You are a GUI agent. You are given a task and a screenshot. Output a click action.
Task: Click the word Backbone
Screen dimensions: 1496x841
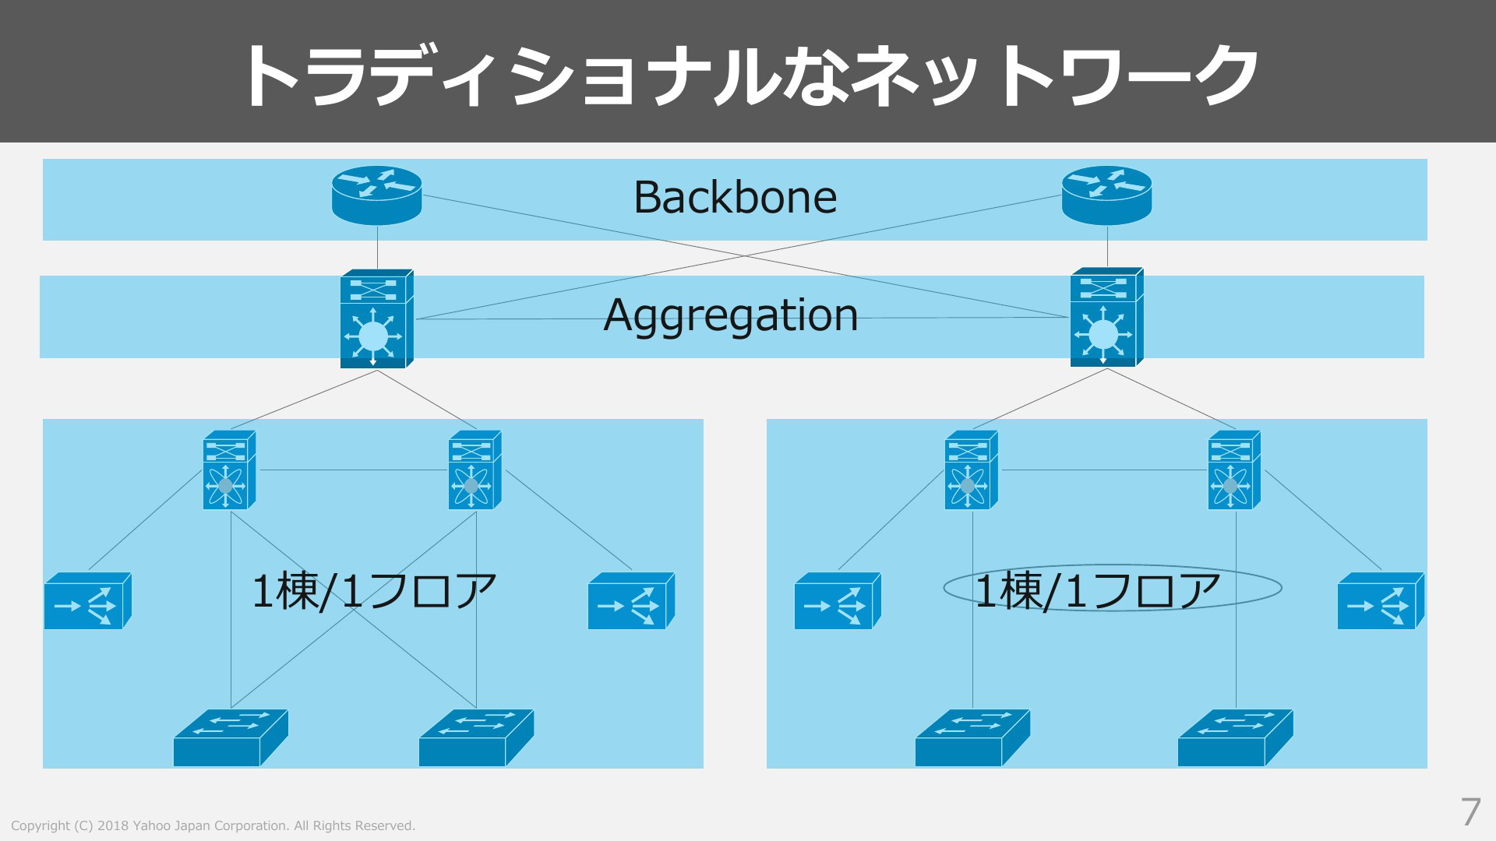tap(735, 197)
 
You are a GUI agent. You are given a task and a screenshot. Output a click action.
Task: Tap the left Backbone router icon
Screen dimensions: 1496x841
tap(377, 195)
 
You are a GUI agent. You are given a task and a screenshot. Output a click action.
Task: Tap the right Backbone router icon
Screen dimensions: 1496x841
tap(1106, 195)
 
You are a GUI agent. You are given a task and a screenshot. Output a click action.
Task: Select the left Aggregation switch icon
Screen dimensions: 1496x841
tap(377, 318)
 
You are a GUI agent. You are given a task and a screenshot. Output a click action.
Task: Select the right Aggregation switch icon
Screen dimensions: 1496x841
tap(1107, 317)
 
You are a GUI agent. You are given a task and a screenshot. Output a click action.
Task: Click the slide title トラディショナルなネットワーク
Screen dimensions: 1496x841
tap(750, 76)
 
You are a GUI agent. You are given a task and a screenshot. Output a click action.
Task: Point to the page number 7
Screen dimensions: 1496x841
tap(1470, 812)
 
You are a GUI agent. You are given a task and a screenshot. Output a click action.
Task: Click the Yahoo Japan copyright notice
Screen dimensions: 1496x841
tap(213, 825)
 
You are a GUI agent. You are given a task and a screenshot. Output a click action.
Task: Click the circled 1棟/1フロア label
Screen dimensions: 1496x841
tap(1098, 589)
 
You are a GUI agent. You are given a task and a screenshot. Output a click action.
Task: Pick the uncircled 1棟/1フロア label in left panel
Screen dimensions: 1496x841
tap(374, 589)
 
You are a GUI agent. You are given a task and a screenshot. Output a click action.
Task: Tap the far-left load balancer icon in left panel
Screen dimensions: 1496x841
tap(88, 600)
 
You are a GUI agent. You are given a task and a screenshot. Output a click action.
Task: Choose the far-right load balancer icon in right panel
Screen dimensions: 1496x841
tap(1381, 600)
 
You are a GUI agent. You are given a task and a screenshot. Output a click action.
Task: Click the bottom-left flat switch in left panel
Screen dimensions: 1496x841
tap(231, 737)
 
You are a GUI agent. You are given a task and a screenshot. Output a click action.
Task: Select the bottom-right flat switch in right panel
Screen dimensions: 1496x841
tap(1236, 737)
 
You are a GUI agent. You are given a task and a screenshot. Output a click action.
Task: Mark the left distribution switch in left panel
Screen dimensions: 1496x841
tap(230, 470)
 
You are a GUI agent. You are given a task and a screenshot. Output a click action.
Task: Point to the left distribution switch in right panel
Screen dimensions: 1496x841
tap(972, 470)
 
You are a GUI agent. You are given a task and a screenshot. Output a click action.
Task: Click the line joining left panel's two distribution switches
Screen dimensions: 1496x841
tap(353, 470)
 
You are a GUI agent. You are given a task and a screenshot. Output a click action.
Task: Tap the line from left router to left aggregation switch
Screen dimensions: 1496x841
tap(377, 248)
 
